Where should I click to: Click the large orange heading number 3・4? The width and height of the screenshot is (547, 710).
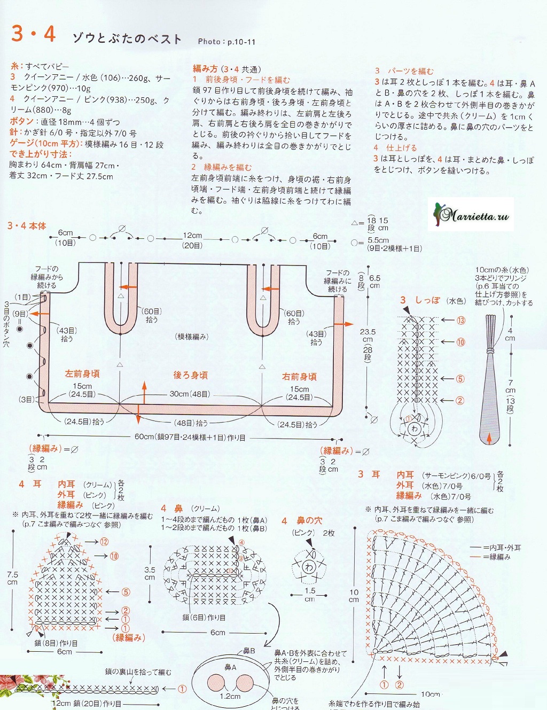[x=34, y=34]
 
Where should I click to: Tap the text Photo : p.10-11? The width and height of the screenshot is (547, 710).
[x=226, y=42]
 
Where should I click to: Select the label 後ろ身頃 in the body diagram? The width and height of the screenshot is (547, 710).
[x=190, y=375]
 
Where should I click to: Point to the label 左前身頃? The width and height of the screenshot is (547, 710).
[x=82, y=373]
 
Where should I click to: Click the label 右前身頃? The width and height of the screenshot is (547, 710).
[x=299, y=377]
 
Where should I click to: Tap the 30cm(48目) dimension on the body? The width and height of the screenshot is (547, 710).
[x=190, y=394]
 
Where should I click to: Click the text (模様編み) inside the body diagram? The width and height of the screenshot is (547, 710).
[x=191, y=337]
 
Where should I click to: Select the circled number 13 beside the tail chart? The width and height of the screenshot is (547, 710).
[x=460, y=321]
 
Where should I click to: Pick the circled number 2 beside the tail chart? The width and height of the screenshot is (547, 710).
[x=459, y=400]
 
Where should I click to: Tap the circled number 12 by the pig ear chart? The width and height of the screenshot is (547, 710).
[x=104, y=542]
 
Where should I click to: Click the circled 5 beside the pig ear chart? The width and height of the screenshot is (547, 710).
[x=126, y=592]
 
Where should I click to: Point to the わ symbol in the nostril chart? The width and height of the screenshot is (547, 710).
[x=309, y=567]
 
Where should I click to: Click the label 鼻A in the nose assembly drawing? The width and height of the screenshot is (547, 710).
[x=230, y=667]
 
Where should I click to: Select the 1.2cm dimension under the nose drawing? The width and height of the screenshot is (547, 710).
[x=230, y=696]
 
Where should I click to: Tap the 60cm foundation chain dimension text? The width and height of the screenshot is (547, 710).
[x=190, y=437]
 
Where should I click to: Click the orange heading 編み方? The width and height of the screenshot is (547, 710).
[x=205, y=68]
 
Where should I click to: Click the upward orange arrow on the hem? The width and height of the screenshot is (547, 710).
[x=144, y=392]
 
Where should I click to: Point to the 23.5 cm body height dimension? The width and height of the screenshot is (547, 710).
[x=368, y=336]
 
